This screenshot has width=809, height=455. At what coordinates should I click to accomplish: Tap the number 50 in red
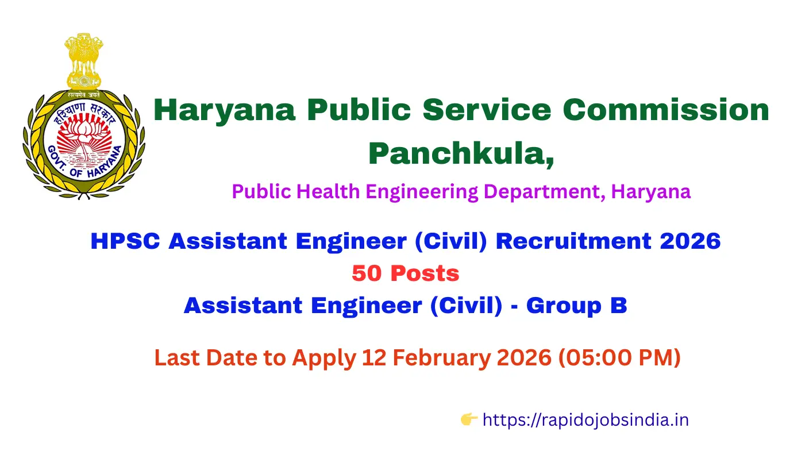[367, 273]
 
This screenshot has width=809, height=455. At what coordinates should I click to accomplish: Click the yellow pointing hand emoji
[469, 420]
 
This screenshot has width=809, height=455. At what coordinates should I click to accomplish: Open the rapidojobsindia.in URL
[585, 420]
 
